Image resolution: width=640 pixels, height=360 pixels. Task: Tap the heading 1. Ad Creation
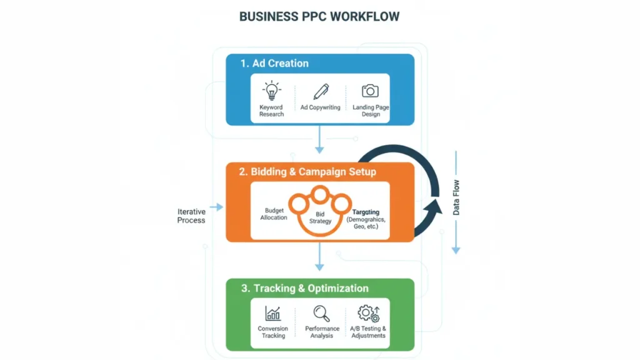tap(274, 63)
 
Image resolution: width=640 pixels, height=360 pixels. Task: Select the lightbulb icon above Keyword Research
tap(271, 91)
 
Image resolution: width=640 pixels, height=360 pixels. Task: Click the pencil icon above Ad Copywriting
tap(321, 91)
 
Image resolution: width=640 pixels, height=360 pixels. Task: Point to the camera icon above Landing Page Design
tap(371, 91)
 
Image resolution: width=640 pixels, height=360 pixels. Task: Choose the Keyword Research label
tap(271, 111)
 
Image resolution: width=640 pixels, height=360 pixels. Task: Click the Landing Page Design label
tap(371, 111)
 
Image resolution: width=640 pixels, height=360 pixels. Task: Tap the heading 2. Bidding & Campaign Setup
tap(307, 172)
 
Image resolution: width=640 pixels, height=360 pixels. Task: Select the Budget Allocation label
tap(274, 214)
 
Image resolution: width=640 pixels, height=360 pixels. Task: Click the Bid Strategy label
tap(320, 217)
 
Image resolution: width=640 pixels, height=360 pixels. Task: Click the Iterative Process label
tap(191, 216)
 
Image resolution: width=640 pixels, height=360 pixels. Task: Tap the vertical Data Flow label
tap(456, 197)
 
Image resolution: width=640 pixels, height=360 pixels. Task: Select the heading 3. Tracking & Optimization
tap(304, 288)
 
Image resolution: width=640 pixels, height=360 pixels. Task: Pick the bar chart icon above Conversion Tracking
tap(273, 313)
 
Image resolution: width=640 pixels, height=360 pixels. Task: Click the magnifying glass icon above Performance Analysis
tap(322, 313)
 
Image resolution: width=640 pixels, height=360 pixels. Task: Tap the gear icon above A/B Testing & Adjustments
tap(368, 313)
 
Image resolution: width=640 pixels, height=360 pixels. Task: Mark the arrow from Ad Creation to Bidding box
tap(319, 140)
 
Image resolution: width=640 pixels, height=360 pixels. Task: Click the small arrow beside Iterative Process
tap(216, 207)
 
